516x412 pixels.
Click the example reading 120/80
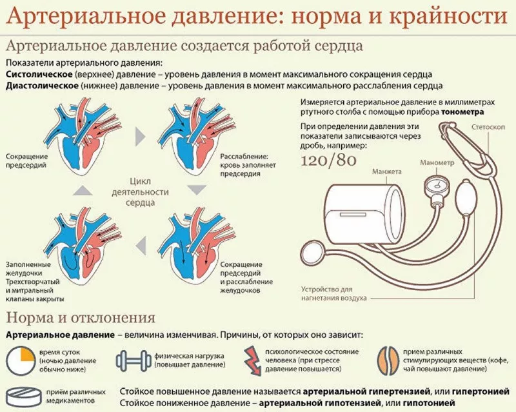[328, 161]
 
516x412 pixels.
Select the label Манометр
[437, 162]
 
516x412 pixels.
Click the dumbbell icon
[134, 360]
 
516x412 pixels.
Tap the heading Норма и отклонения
[81, 319]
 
